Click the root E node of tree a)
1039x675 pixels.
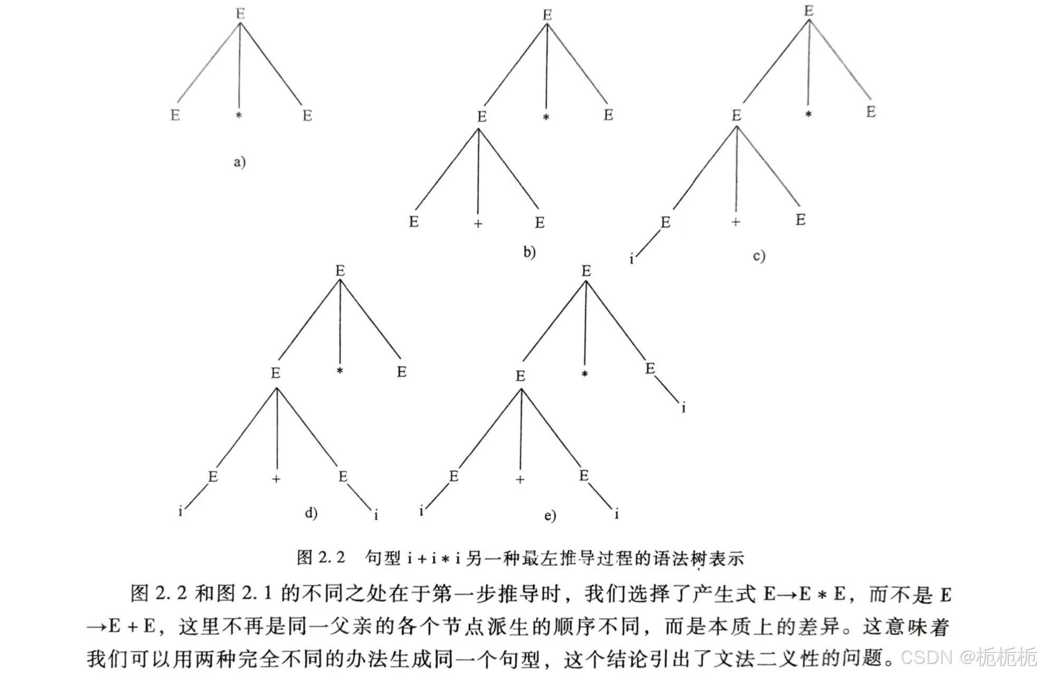[240, 14]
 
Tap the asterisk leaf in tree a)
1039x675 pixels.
[239, 115]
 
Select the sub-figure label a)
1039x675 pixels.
[239, 161]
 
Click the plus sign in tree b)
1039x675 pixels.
[478, 224]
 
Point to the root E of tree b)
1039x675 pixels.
[547, 15]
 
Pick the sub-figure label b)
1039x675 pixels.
[530, 252]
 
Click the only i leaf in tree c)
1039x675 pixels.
[631, 259]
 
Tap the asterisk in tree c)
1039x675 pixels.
[808, 114]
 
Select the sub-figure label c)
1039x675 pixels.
[759, 256]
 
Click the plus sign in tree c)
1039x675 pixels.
[736, 222]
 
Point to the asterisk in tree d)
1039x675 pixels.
[340, 371]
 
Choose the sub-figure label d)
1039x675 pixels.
[311, 513]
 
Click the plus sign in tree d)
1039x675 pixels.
[276, 479]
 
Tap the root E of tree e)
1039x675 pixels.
[586, 271]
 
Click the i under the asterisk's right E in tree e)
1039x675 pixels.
[684, 408]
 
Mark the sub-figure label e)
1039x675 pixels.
[550, 515]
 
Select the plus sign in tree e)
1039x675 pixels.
[520, 479]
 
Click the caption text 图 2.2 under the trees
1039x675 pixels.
[321, 557]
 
